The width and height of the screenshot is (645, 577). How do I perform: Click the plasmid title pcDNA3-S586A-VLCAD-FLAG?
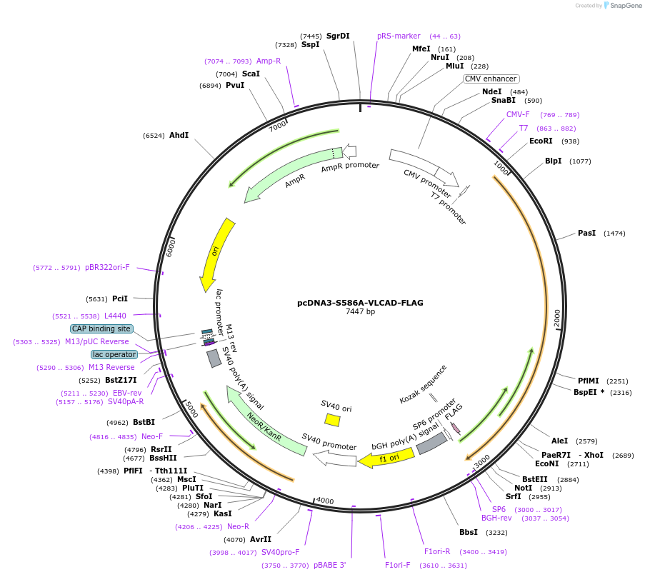(360, 303)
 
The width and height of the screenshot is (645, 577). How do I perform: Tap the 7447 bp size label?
(360, 312)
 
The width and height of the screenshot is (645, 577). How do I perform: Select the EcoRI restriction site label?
(541, 141)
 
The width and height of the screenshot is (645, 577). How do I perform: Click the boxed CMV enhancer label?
(491, 79)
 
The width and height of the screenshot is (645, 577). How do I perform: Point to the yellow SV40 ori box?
(332, 420)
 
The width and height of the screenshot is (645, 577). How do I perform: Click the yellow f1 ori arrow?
(386, 458)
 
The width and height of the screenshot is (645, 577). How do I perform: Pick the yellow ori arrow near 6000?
(216, 254)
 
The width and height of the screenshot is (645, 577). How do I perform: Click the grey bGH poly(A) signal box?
(431, 444)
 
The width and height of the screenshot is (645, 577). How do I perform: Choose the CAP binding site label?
(101, 329)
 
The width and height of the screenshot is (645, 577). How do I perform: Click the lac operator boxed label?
(114, 355)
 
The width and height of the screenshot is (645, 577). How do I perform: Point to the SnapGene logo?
(620, 6)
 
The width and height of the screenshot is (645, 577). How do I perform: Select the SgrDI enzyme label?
(338, 36)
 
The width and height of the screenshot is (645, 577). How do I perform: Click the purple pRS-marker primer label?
(399, 36)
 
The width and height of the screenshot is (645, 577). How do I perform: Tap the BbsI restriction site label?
(469, 533)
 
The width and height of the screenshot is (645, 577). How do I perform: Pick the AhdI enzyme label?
(179, 135)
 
